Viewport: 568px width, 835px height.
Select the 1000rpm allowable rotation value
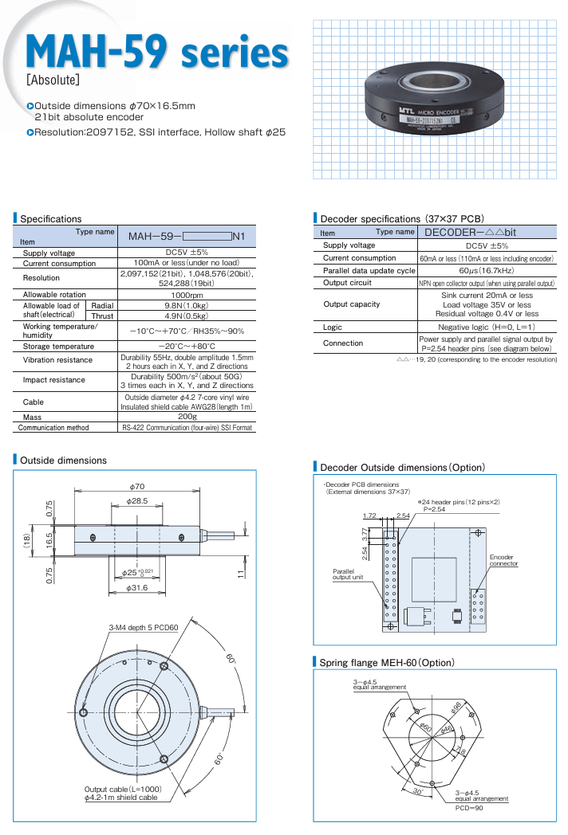coord(185,295)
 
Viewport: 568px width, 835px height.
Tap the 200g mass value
coord(186,416)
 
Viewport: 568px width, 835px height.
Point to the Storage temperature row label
coord(58,347)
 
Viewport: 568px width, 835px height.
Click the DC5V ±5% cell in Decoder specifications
coord(487,245)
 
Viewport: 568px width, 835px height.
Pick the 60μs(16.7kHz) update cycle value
coord(487,270)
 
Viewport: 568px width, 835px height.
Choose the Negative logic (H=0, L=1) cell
coord(487,327)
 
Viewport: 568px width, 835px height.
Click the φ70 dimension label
coord(136,486)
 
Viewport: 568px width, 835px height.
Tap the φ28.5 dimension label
coord(137,500)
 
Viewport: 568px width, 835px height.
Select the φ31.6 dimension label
coord(137,589)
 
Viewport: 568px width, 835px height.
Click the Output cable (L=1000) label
coord(123,790)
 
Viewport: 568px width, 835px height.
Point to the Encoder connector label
coord(503,560)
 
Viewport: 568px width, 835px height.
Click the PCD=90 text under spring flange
coord(469,808)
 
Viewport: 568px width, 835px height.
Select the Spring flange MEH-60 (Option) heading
coord(386,663)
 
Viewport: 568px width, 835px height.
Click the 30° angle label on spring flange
coord(417,792)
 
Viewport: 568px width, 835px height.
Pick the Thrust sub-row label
coord(102,316)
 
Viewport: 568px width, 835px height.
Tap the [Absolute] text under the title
coord(53,80)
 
